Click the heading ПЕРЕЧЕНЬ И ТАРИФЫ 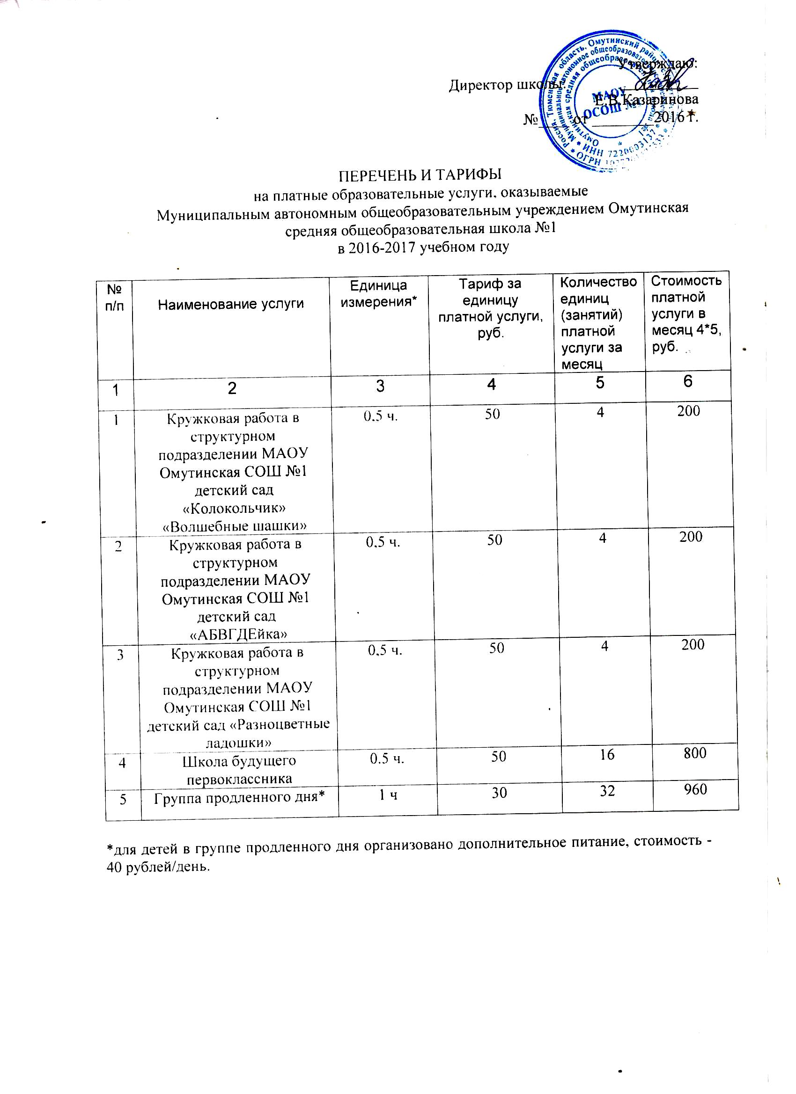[418, 174]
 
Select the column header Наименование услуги [231, 304]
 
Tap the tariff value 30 [499, 792]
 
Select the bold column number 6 [688, 381]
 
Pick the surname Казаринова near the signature [660, 100]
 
